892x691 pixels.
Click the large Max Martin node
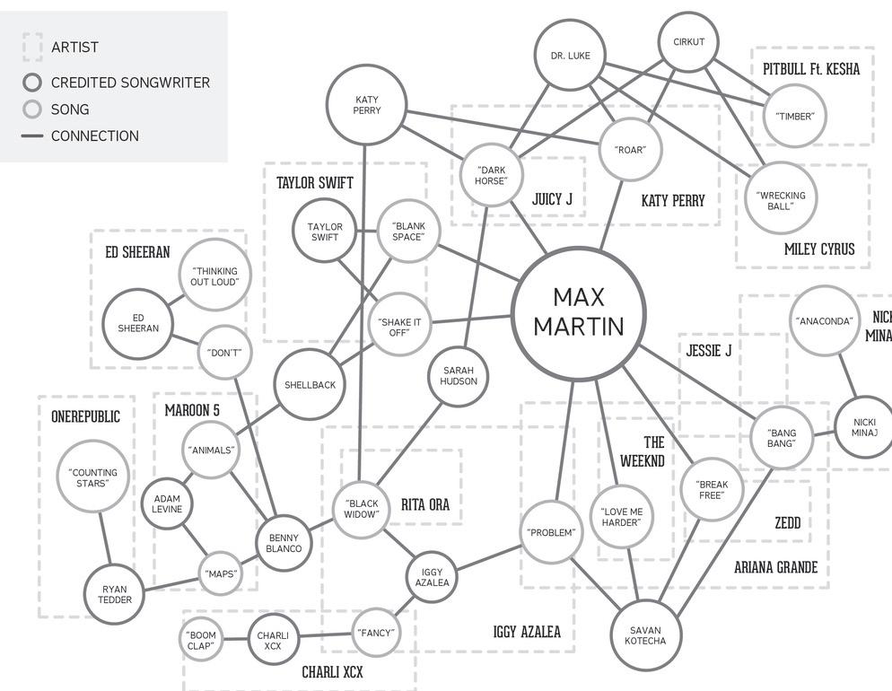pos(579,312)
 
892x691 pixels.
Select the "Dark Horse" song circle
pos(491,175)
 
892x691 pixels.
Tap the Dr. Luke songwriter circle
pos(571,56)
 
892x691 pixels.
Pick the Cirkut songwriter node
pos(688,42)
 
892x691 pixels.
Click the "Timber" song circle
pos(794,116)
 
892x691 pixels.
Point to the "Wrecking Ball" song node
pos(781,200)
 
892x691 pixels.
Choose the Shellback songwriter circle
pos(310,385)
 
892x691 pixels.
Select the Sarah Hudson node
pos(459,375)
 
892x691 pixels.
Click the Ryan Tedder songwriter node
pos(114,594)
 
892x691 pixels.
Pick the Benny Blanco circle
pos(284,543)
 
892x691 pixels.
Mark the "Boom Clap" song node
pos(201,641)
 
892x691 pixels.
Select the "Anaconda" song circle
pos(824,321)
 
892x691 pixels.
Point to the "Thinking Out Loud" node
pos(214,276)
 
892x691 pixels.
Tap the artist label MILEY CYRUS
pos(819,249)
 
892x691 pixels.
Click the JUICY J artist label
pos(552,199)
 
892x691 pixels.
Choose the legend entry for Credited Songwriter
pos(117,83)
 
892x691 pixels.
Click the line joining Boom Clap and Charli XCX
pos(235,641)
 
